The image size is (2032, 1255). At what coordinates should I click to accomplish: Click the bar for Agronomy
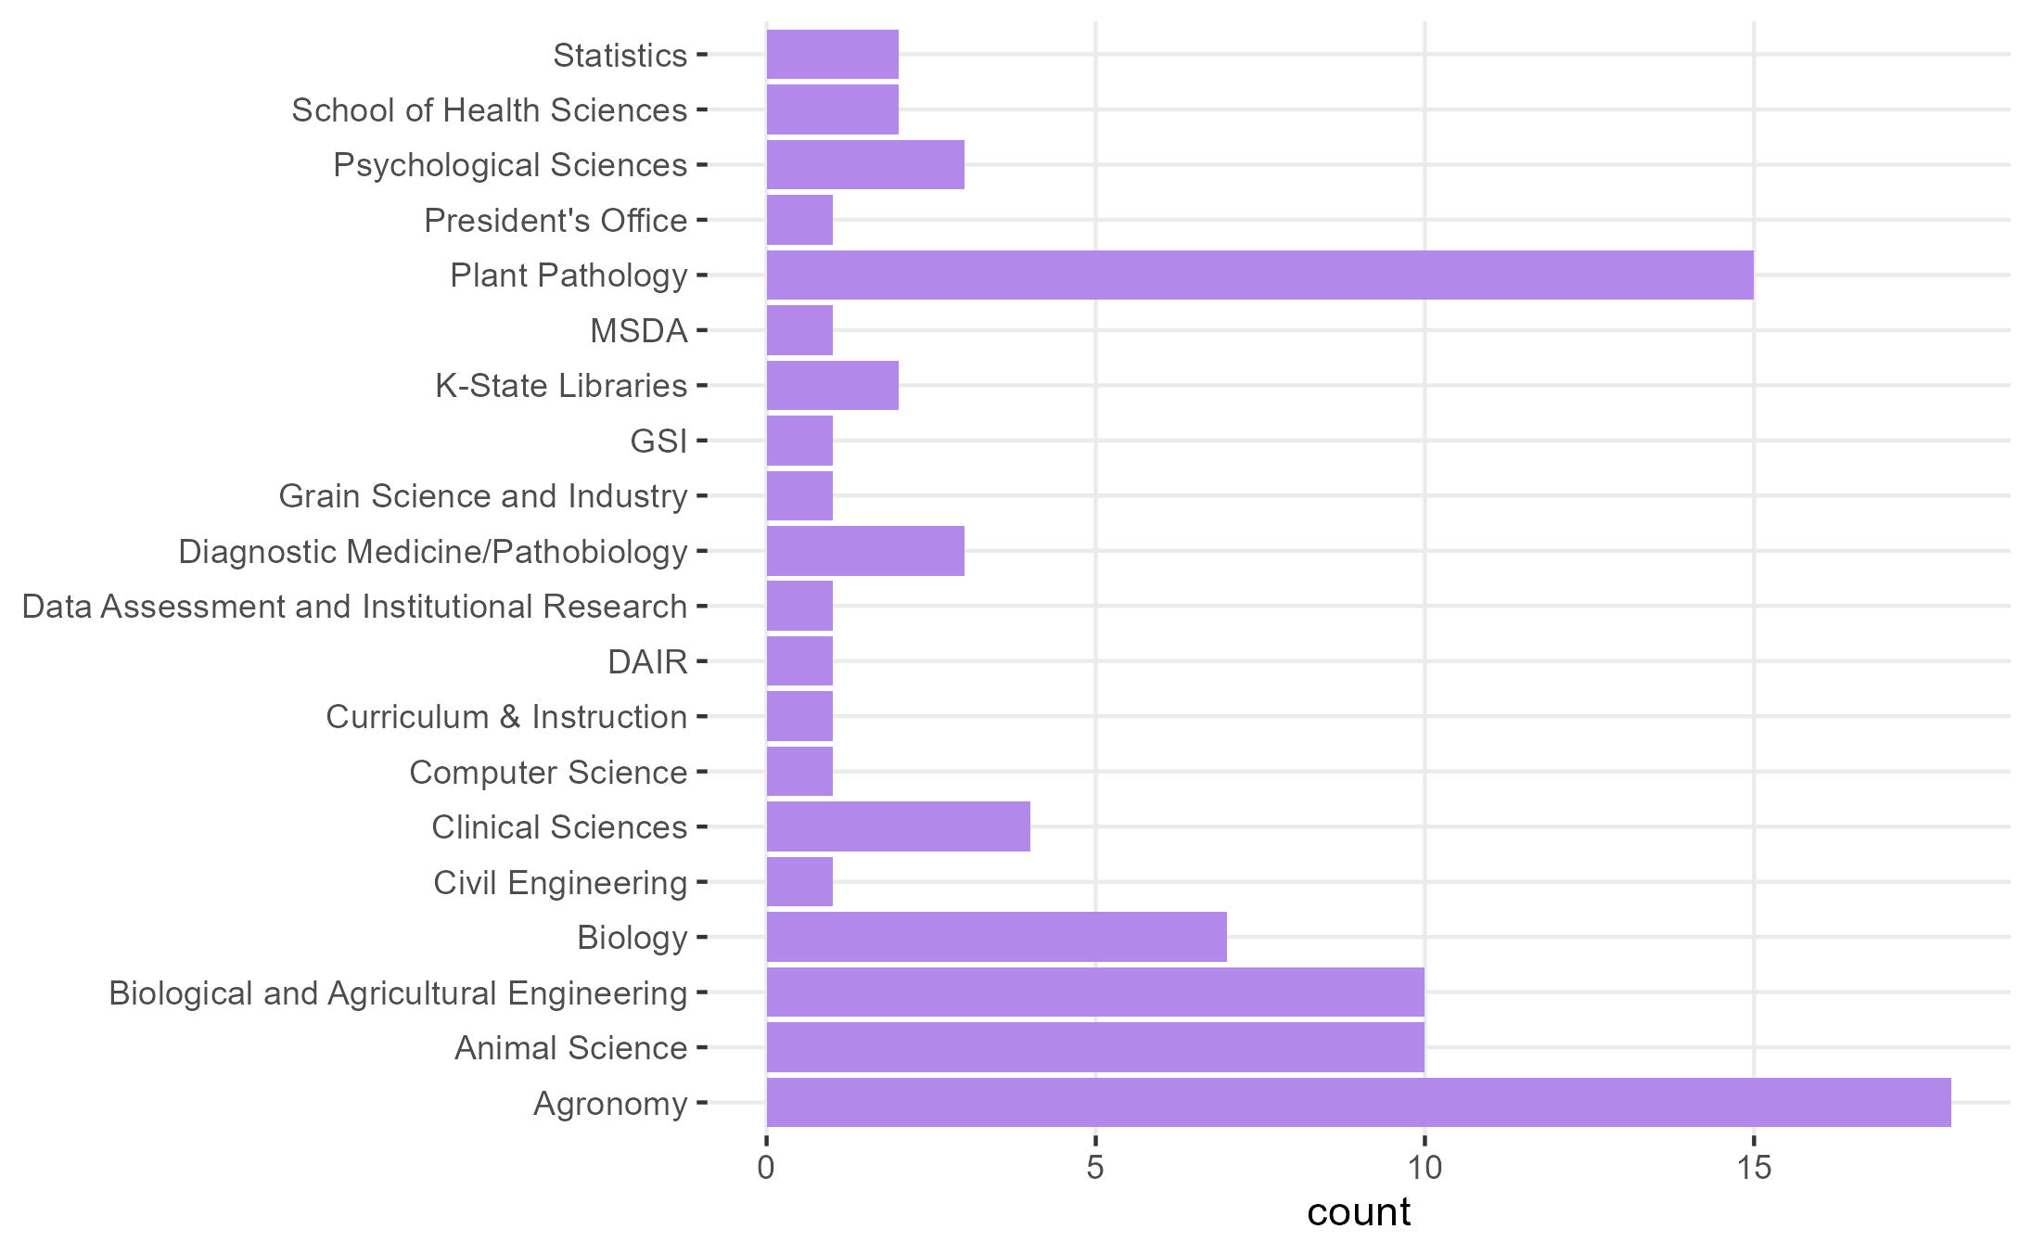coord(1358,1102)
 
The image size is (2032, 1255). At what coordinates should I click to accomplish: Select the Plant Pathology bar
coord(1259,275)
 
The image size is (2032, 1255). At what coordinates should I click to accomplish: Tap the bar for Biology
coord(996,937)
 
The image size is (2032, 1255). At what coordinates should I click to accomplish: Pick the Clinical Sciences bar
coord(898,826)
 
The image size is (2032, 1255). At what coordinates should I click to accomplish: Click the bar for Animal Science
coord(1094,1047)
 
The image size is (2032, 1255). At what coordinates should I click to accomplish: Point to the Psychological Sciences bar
coord(865,165)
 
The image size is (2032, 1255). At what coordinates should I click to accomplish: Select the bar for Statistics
coord(832,55)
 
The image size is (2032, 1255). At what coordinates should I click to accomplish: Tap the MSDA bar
coord(799,330)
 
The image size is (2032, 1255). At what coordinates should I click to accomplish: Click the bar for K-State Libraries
coord(832,385)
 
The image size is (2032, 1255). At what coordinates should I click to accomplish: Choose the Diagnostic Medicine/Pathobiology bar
coord(865,551)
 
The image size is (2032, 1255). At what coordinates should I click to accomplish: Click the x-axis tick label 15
coord(1753,1168)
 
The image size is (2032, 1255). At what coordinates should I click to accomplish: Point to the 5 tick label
coord(1095,1168)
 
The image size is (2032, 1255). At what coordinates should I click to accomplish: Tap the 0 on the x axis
coord(766,1168)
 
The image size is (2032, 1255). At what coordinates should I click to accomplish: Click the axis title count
coord(1358,1212)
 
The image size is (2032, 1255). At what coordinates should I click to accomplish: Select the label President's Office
coord(556,221)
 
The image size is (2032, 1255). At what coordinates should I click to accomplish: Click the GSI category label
coord(658,441)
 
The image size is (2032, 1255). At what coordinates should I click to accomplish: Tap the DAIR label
coord(647,661)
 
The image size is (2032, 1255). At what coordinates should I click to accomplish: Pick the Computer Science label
coord(548,772)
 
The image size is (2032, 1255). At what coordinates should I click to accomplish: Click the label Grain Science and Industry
coord(483,496)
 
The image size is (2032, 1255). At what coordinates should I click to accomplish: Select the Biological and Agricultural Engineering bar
coord(1094,992)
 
